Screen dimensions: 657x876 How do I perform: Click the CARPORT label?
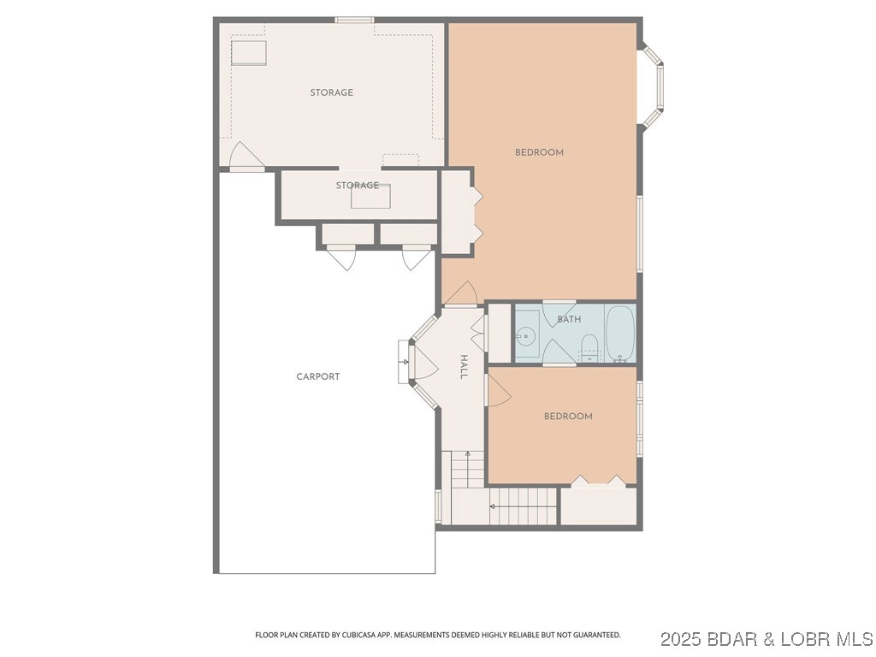(x=318, y=376)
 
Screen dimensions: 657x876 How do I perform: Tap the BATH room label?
(x=569, y=319)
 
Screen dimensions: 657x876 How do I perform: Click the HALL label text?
(x=464, y=367)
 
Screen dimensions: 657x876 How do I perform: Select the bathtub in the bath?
(x=620, y=333)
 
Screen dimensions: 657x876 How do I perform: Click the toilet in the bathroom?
(x=589, y=347)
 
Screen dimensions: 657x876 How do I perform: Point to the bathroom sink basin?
(x=526, y=337)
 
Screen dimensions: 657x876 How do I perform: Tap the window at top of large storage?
(x=354, y=20)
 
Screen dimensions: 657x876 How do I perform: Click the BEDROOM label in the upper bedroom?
(x=539, y=152)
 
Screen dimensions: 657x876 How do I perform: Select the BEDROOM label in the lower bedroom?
(x=568, y=417)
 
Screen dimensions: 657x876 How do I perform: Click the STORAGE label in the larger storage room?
(x=331, y=92)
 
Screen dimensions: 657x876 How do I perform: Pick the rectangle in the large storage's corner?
(x=249, y=53)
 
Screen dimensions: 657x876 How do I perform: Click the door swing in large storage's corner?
(x=245, y=157)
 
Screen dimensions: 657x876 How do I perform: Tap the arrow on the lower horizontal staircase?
(x=494, y=506)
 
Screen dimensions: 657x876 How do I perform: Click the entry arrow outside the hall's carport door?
(x=404, y=361)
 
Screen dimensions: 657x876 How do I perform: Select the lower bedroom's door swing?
(x=498, y=393)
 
